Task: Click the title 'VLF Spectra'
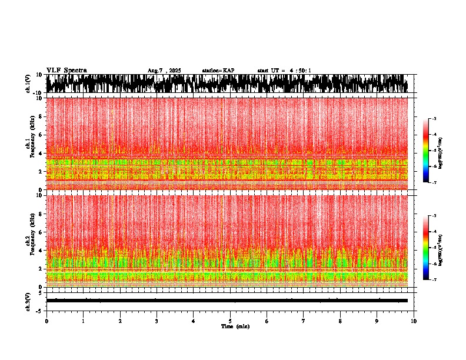tap(66, 70)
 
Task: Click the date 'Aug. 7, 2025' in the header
tap(164, 71)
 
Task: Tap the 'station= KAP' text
tap(218, 71)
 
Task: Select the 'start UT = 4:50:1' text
tap(284, 71)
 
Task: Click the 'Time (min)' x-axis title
tap(235, 326)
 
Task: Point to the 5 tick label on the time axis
tap(230, 321)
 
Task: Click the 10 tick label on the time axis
tap(414, 321)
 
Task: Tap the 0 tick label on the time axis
tap(46, 321)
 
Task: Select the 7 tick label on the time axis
tap(304, 321)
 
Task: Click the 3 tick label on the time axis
tap(157, 321)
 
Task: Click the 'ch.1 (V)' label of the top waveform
tap(28, 84)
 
